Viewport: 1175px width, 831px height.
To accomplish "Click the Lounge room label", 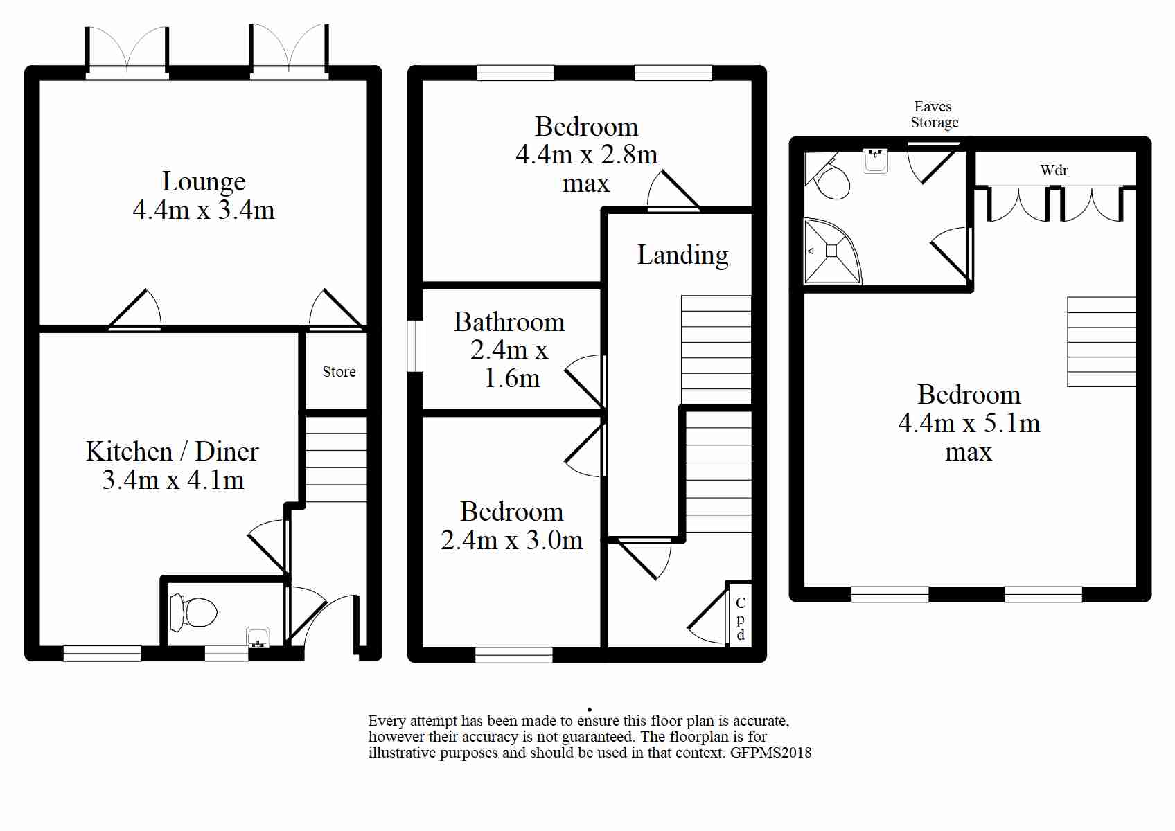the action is tap(204, 181).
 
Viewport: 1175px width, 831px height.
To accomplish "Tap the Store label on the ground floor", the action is tap(339, 372).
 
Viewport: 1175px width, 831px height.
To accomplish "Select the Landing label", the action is tap(682, 256).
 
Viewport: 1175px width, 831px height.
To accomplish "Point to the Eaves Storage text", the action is tap(934, 114).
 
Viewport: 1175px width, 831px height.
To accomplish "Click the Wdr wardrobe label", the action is tap(1054, 170).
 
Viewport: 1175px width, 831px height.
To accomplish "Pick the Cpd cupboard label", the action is tap(740, 618).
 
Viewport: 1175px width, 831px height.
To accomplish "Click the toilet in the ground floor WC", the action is tap(193, 612).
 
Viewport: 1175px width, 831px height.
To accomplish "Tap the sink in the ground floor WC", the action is tap(258, 637).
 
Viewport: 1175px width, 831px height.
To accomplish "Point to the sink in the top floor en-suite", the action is tap(875, 161).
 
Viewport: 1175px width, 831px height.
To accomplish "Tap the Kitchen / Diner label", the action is tap(173, 452).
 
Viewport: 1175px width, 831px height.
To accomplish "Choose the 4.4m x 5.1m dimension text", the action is tap(969, 423).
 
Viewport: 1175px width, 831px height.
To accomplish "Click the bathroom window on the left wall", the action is tap(415, 346).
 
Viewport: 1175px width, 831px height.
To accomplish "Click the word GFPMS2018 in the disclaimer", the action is tap(770, 753).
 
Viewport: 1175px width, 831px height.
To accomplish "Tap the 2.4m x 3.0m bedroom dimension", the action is tap(511, 540).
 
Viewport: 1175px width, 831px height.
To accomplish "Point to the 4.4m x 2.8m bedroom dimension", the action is tap(586, 154).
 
